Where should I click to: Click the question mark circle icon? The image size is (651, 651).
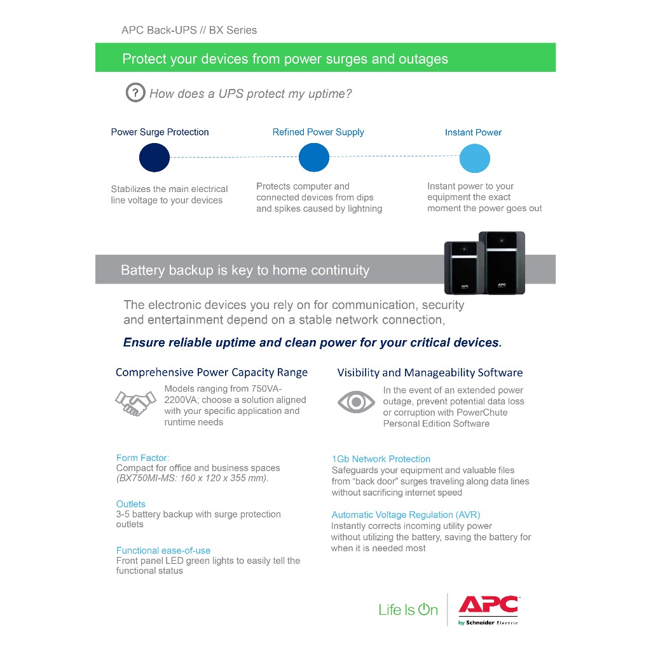click(135, 93)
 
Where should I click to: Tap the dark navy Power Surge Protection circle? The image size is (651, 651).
click(154, 158)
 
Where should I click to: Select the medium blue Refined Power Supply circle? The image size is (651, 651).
click(314, 158)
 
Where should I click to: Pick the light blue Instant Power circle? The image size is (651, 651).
click(475, 158)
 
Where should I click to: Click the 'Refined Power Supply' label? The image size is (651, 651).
click(318, 132)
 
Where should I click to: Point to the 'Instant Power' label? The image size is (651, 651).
click(473, 132)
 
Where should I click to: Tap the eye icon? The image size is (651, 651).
click(355, 402)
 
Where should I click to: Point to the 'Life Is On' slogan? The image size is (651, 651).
click(408, 610)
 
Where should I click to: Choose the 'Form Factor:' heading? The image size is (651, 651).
click(142, 458)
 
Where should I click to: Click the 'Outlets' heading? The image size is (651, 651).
click(131, 504)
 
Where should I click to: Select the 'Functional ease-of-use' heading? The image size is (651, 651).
click(163, 551)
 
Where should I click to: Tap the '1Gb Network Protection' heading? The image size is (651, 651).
click(381, 459)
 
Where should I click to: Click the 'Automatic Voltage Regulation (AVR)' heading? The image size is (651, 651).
click(406, 515)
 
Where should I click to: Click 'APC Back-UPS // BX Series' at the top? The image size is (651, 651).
click(189, 30)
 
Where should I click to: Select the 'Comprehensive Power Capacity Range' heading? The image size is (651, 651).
click(212, 373)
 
